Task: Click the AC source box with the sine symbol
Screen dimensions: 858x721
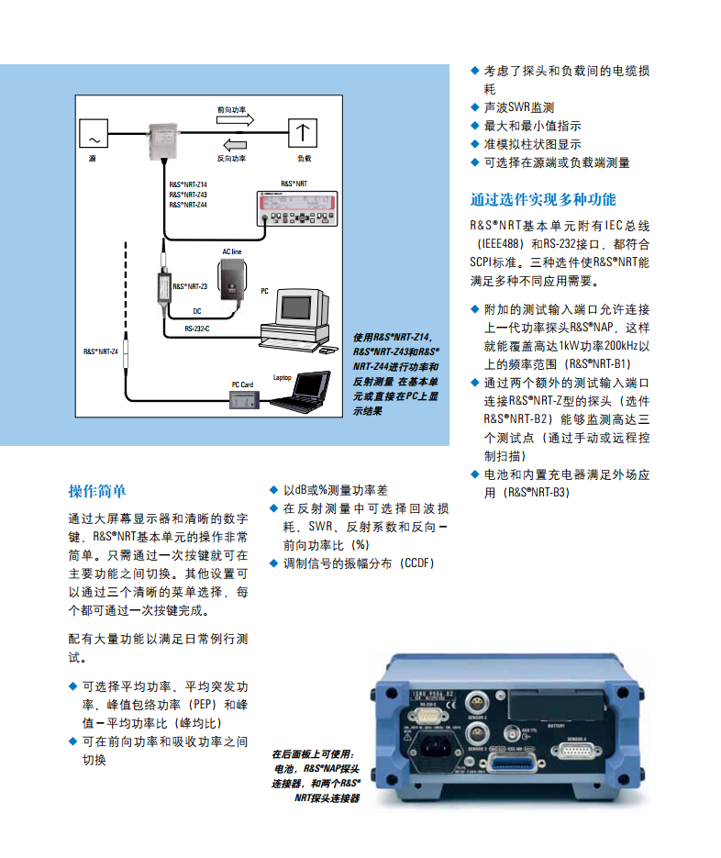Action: [x=94, y=136]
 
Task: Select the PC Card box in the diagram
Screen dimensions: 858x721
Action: [x=245, y=398]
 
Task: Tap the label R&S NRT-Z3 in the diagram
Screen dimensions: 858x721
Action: [x=191, y=286]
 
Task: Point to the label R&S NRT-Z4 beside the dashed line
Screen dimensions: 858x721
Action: [x=101, y=351]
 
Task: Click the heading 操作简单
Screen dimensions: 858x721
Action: [x=97, y=491]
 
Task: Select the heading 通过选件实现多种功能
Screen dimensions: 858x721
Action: [x=543, y=200]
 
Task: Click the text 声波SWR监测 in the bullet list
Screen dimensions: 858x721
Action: [x=518, y=107]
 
